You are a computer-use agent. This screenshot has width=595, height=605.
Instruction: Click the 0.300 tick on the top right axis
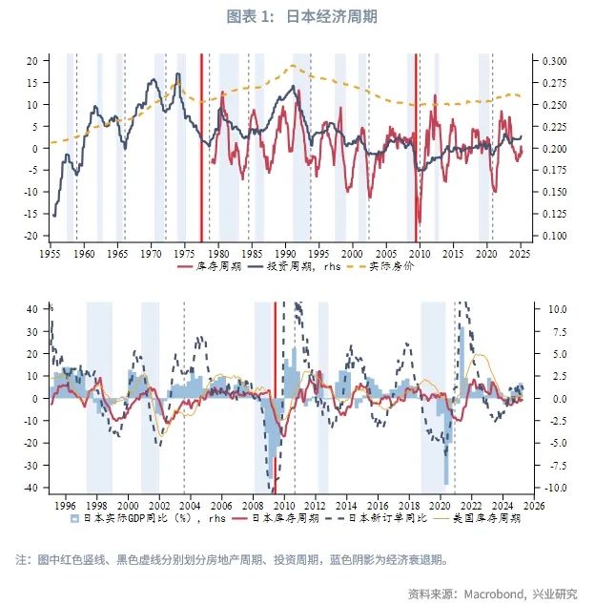tap(553, 61)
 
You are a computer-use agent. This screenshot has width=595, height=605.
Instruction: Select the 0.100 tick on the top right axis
tap(553, 236)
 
